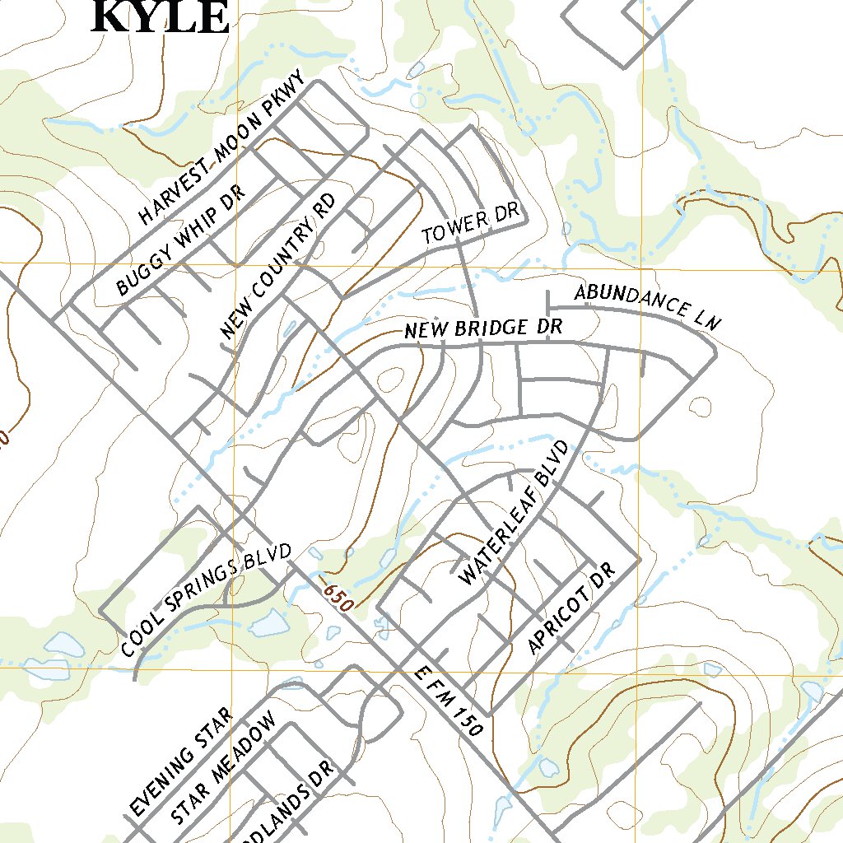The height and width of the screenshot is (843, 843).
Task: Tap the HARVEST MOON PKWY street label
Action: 222,148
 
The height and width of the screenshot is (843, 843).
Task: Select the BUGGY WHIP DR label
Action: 181,240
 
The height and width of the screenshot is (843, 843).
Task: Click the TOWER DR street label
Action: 472,224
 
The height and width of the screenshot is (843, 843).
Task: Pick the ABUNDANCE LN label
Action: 647,305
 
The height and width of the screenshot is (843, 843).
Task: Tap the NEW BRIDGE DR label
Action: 483,328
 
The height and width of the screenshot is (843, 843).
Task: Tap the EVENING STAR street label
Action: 182,762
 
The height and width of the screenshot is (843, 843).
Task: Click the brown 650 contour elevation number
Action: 338,598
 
